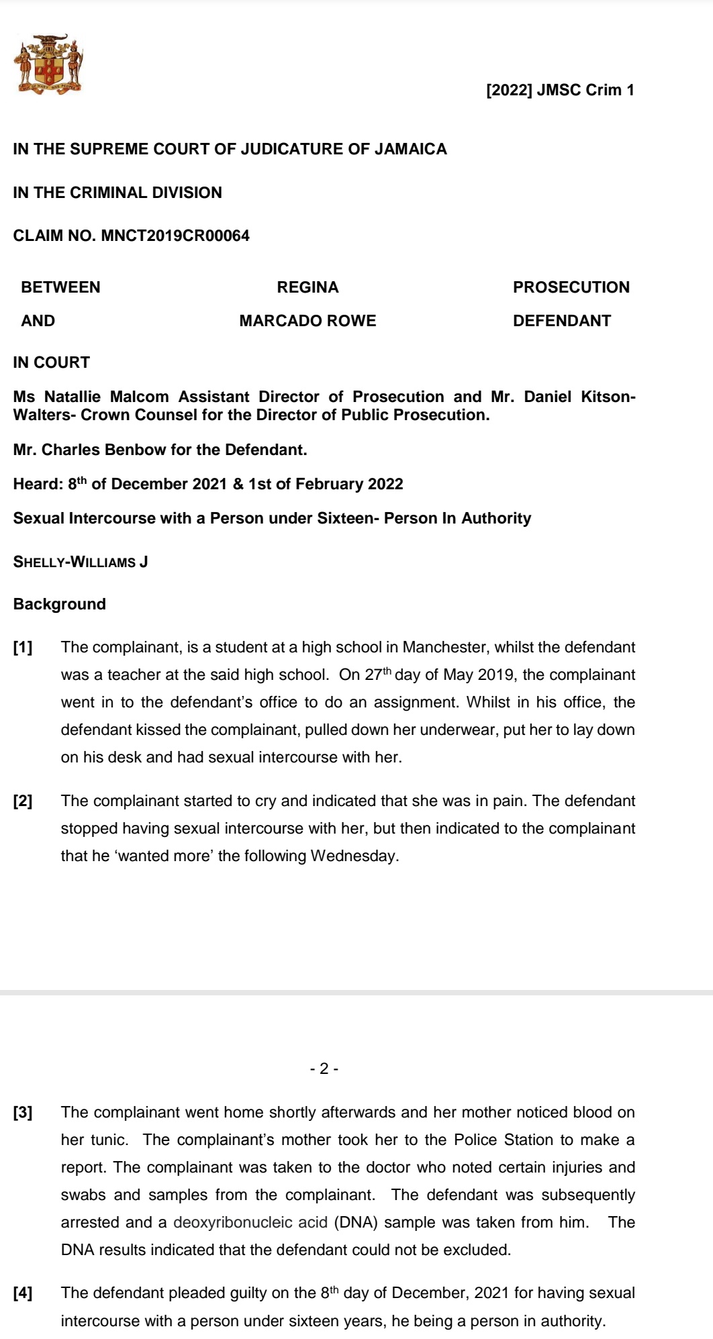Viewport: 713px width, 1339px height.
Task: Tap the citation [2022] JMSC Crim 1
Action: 560,91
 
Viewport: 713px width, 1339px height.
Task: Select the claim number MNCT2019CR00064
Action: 175,236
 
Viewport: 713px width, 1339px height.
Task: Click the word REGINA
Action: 307,288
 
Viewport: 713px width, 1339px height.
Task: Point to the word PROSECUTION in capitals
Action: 571,288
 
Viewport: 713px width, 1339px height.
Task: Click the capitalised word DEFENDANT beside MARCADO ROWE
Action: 561,321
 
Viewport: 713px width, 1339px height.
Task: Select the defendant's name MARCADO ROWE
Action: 307,321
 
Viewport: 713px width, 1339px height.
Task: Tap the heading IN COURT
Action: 51,363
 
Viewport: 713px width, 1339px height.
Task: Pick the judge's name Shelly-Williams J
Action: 81,562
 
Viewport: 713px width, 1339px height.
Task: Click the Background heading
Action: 59,605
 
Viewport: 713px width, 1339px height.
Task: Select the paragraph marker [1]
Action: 23,648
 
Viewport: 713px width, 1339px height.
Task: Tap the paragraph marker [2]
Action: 23,801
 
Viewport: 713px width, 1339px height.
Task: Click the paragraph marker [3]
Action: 23,1113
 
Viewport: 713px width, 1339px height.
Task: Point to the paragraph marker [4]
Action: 23,1293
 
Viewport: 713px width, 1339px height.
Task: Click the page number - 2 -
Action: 324,1069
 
